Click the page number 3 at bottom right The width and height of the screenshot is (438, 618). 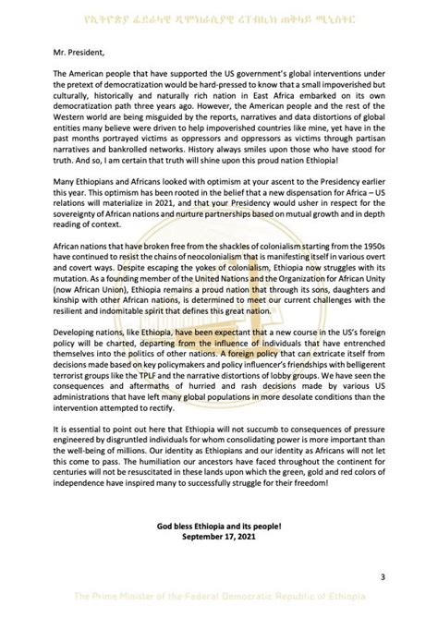[382, 577]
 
